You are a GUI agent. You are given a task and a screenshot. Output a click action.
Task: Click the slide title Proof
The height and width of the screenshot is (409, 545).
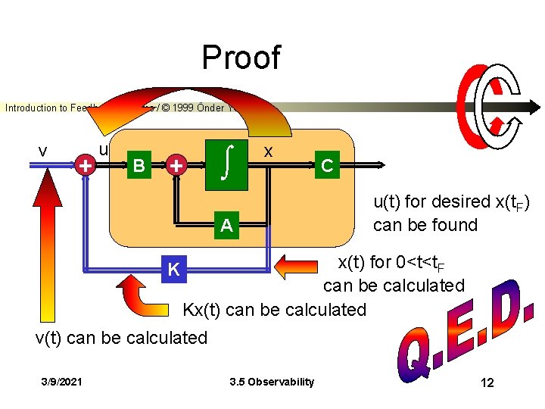241,58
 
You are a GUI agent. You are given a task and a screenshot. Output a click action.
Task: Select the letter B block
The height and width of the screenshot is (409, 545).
138,165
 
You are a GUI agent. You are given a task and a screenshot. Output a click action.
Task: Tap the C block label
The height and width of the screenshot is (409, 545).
325,164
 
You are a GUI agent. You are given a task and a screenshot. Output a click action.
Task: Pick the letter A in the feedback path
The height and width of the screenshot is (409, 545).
226,225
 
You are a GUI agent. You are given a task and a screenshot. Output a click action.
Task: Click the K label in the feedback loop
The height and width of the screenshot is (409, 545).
174,269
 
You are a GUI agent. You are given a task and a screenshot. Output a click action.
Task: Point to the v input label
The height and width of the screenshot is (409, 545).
43,151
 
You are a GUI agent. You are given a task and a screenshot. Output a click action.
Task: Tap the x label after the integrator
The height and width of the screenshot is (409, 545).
267,151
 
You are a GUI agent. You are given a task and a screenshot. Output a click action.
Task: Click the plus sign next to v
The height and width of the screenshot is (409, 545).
86,164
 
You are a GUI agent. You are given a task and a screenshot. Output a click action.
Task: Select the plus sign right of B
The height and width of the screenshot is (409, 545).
176,164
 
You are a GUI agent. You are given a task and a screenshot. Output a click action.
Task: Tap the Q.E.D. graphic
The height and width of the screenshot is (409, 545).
463,333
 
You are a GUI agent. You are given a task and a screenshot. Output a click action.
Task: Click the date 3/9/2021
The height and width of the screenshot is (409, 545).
64,382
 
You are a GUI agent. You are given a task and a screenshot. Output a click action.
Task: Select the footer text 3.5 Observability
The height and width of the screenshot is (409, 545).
271,382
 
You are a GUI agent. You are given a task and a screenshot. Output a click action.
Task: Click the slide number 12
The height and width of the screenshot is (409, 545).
487,382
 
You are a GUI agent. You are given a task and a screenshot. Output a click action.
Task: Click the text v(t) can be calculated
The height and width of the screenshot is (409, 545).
121,337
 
